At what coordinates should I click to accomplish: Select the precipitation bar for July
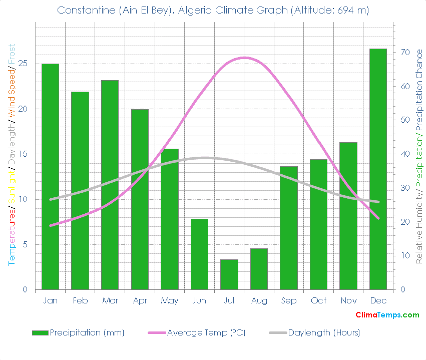(x=229, y=274)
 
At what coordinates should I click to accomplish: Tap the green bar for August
(x=259, y=269)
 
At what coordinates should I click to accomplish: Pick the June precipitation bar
(x=199, y=254)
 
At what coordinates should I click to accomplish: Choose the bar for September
(x=289, y=228)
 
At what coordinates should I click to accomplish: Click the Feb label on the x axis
(x=80, y=300)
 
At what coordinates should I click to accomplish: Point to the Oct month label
(x=318, y=300)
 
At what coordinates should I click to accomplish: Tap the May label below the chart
(x=170, y=300)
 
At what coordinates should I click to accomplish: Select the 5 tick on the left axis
(x=25, y=244)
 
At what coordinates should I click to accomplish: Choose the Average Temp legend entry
(x=197, y=332)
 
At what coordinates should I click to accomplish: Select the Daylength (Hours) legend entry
(x=314, y=332)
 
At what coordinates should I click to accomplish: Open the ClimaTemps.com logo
(x=387, y=315)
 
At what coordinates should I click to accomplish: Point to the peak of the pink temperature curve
(x=244, y=58)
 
